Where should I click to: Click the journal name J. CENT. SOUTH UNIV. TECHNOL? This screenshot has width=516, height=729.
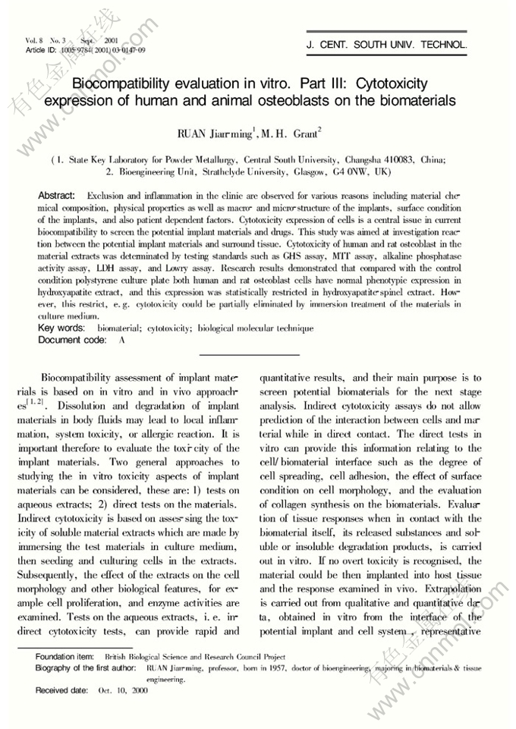[387, 45]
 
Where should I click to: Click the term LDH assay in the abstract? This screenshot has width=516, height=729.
[145, 269]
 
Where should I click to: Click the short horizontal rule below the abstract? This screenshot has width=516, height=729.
[248, 354]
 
